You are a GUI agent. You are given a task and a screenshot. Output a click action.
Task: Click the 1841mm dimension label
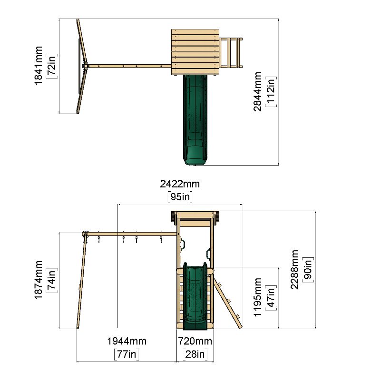pos(39,66)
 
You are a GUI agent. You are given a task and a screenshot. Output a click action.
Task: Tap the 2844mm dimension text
pos(257,92)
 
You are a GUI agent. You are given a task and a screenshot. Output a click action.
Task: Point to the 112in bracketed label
pos(271,92)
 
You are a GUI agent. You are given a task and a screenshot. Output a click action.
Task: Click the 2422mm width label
pos(180,184)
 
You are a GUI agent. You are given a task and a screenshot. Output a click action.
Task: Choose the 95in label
pos(180,197)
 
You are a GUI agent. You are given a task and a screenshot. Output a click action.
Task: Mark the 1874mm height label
pos(39,280)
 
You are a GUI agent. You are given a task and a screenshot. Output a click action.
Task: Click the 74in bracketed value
pos(51,280)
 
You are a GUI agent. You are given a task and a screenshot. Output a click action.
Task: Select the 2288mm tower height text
pos(294,269)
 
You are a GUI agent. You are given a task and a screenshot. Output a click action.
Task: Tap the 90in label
pos(308,270)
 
